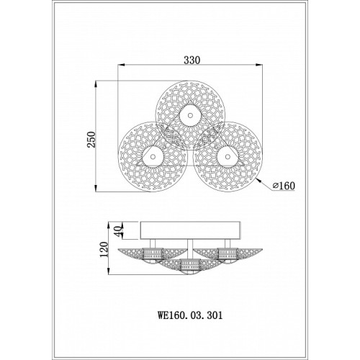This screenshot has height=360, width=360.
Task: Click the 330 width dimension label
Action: [192, 60]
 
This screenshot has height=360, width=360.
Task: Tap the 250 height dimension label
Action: [93, 140]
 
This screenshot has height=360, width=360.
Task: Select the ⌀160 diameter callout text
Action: [284, 186]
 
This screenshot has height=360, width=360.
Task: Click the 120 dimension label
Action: [104, 249]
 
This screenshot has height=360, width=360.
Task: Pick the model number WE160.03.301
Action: [190, 315]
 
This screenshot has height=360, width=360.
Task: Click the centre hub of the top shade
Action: [190, 115]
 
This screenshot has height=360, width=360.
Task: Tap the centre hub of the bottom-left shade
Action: [153, 157]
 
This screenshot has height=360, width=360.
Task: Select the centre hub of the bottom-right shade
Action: [227, 157]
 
